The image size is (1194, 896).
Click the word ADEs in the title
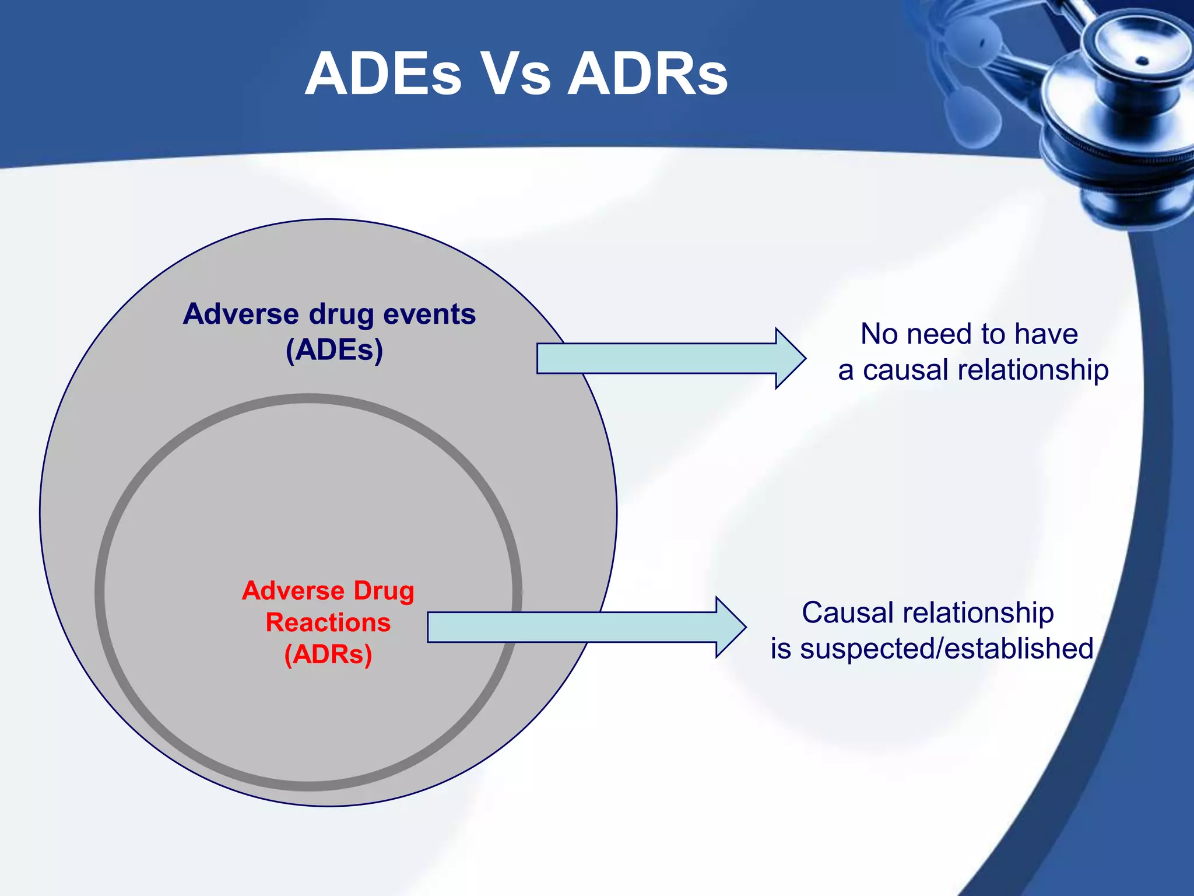384,74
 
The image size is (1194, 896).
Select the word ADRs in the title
648,74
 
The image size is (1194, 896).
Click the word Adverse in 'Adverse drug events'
241,314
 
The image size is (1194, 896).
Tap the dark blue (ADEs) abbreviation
334,350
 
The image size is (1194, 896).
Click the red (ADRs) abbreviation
328,654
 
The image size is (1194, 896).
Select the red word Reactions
328,622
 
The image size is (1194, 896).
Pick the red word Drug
383,590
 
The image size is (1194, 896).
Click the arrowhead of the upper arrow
789,358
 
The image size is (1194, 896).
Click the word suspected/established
946,649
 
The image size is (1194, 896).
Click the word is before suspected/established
781,649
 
